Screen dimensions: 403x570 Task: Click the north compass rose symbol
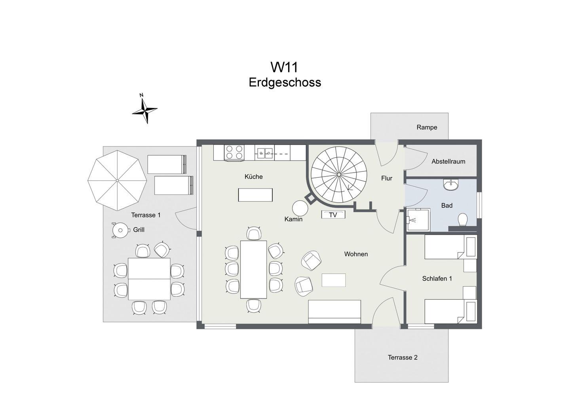pyautogui.click(x=144, y=110)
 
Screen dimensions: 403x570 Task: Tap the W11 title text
pyautogui.click(x=284, y=67)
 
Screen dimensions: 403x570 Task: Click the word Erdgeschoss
pyautogui.click(x=285, y=82)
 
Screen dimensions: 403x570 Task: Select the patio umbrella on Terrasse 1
pyautogui.click(x=117, y=181)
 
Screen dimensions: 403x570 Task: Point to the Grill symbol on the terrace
pyautogui.click(x=120, y=230)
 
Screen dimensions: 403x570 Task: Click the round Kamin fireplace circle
pyautogui.click(x=300, y=208)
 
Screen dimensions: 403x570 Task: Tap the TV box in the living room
pyautogui.click(x=333, y=215)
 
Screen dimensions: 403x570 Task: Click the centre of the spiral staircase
pyautogui.click(x=339, y=174)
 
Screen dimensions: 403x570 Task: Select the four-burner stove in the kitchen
pyautogui.click(x=234, y=153)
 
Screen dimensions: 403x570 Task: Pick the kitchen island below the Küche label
pyautogui.click(x=255, y=195)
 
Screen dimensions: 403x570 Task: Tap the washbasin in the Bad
pyautogui.click(x=451, y=184)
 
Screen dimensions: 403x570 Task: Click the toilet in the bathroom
pyautogui.click(x=463, y=220)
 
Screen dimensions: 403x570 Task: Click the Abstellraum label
pyautogui.click(x=448, y=162)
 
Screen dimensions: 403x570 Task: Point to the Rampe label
pyautogui.click(x=427, y=127)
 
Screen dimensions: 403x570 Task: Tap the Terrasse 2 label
pyautogui.click(x=403, y=357)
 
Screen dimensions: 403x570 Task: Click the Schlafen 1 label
pyautogui.click(x=437, y=279)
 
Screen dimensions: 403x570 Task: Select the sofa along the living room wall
pyautogui.click(x=334, y=312)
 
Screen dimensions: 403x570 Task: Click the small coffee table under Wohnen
pyautogui.click(x=333, y=280)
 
